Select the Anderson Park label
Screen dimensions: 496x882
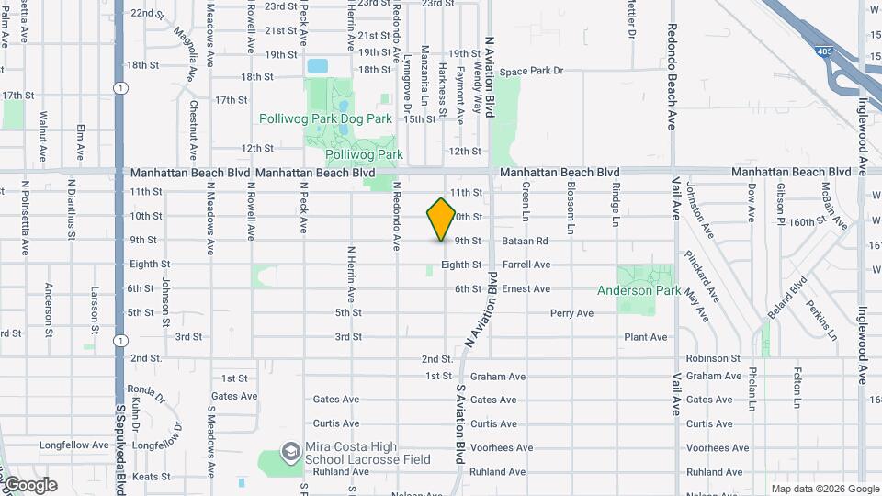tap(639, 290)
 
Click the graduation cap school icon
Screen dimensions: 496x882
tap(291, 451)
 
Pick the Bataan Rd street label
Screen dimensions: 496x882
tap(525, 241)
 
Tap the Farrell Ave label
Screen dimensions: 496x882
tap(526, 265)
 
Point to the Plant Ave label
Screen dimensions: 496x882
tap(645, 337)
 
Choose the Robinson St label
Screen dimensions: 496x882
tap(713, 358)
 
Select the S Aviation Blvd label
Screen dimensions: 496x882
tap(459, 423)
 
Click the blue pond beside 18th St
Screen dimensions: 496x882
tap(318, 66)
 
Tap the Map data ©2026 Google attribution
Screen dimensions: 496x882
tap(824, 489)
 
